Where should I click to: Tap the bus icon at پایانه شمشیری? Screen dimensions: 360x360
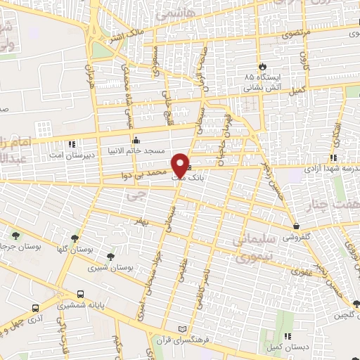[x=81, y=295]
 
